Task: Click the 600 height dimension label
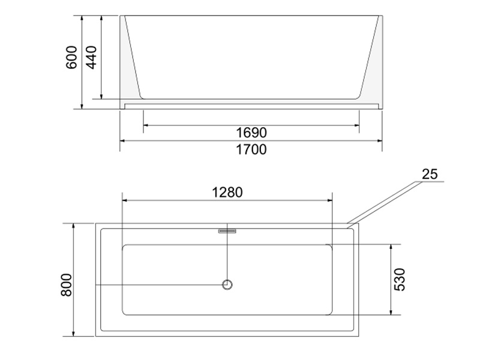[72, 57]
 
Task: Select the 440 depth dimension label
[92, 57]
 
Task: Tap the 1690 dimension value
[251, 133]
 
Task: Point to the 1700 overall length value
[251, 149]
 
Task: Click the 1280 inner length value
[227, 193]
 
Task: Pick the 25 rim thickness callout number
[430, 175]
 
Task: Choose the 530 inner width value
[400, 279]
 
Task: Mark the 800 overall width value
[67, 284]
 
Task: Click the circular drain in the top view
[227, 284]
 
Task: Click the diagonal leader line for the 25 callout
[384, 204]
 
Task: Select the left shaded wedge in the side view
[130, 66]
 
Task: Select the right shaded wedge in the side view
[371, 66]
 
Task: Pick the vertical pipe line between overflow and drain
[227, 255]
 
